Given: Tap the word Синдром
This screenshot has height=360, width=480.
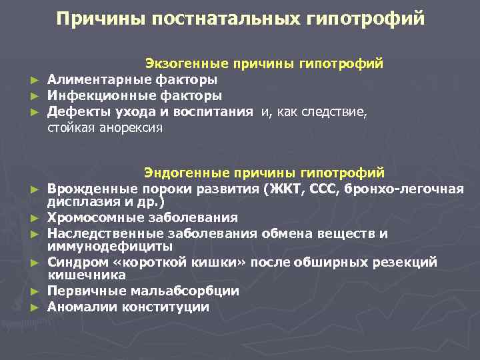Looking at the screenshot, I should pos(74,262).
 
